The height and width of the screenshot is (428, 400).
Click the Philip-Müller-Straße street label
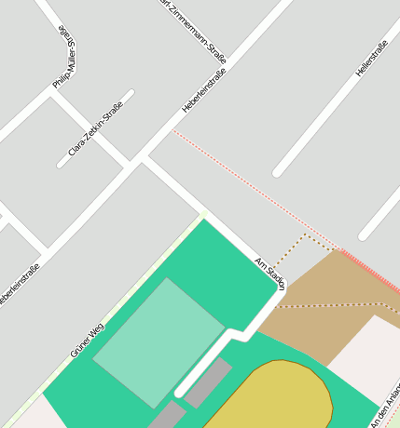tap(63, 58)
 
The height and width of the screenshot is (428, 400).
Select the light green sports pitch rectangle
tap(159, 341)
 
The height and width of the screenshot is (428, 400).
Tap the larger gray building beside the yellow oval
tap(208, 382)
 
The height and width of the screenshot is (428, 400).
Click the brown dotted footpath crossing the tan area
tap(336, 304)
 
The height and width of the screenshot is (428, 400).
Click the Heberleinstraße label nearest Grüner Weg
tap(21, 285)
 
